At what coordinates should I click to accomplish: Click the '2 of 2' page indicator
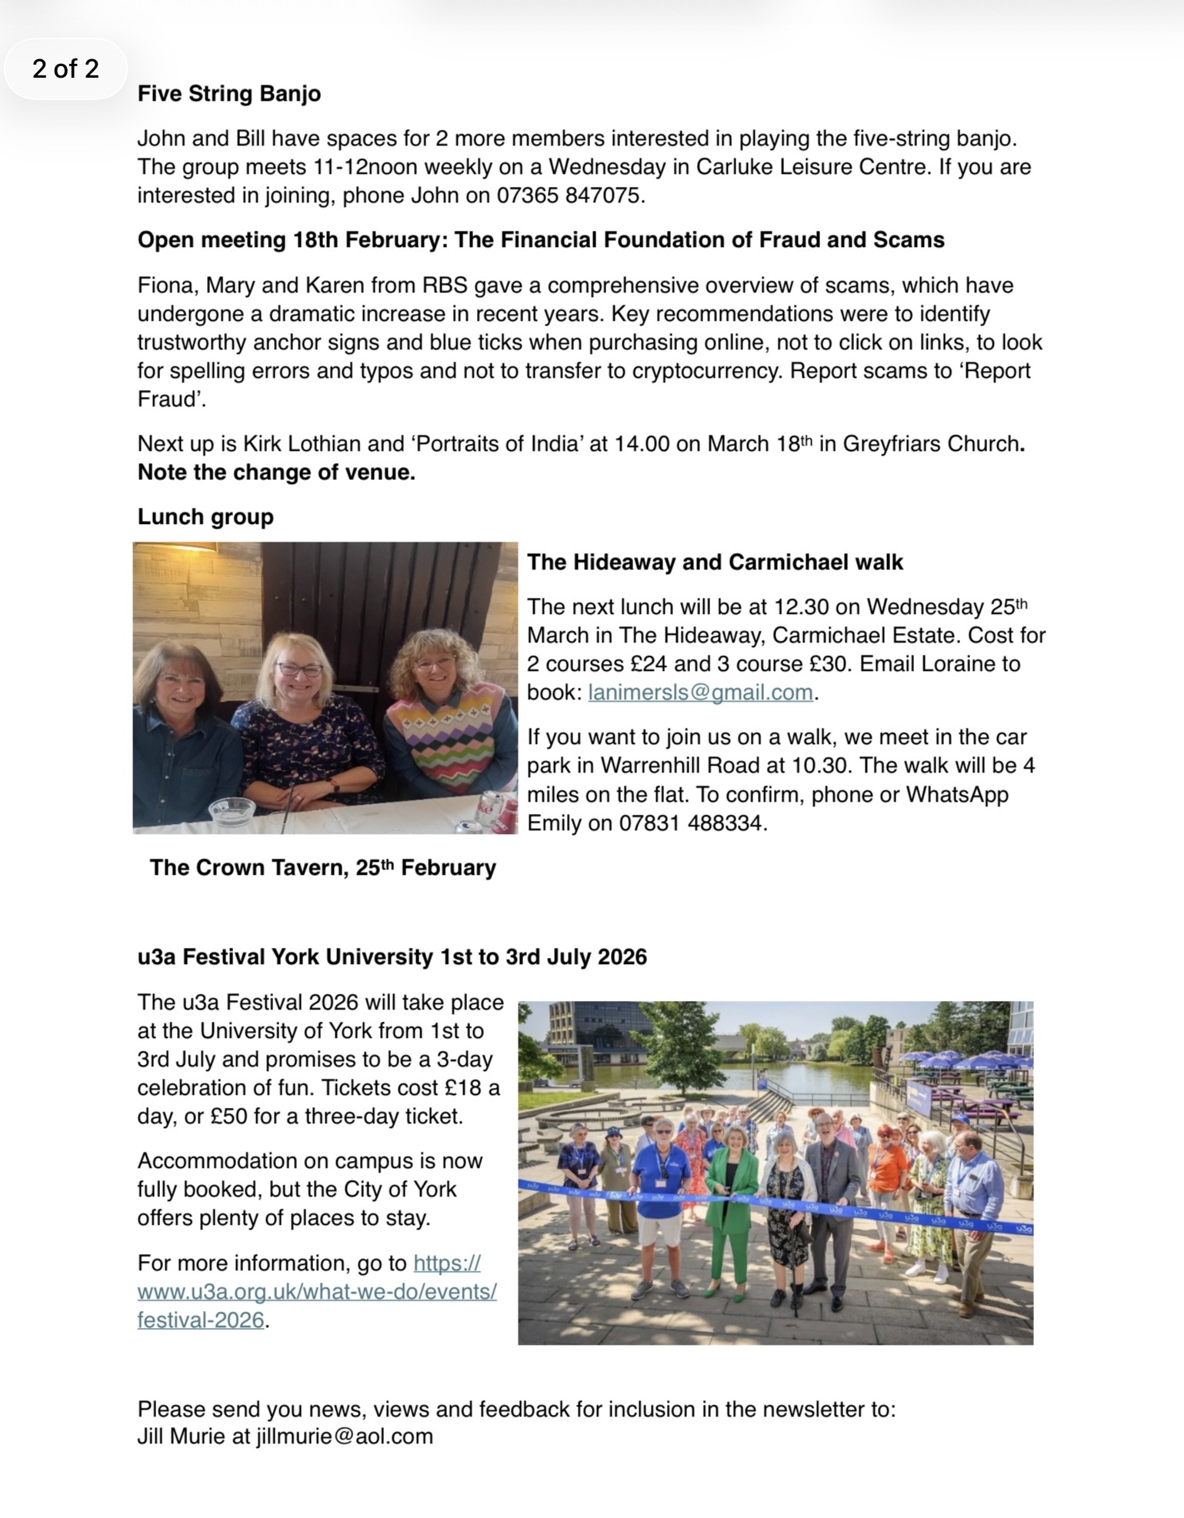pos(65,69)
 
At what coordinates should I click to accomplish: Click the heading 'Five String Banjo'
pos(228,94)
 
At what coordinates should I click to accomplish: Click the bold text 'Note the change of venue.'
pos(276,472)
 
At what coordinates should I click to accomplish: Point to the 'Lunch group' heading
pos(205,517)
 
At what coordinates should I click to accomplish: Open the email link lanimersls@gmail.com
pos(700,692)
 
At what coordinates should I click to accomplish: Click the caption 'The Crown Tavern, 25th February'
pos(322,868)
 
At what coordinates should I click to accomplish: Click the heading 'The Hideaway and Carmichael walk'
pos(715,562)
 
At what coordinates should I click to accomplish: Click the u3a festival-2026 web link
pos(317,1292)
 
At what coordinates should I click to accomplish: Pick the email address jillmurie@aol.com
pos(345,1436)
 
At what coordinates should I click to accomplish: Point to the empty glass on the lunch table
pos(232,812)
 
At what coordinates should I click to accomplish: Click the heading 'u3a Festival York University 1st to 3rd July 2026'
pos(392,957)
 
